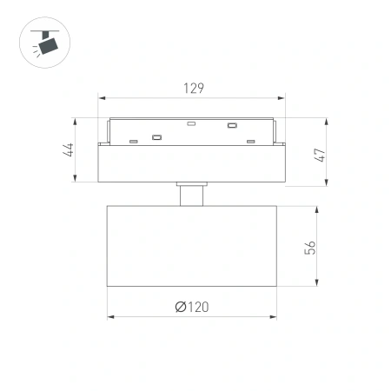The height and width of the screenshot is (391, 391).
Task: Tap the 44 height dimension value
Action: [67, 149]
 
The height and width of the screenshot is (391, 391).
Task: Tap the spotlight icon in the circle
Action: [41, 41]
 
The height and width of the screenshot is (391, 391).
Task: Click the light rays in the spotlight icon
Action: [31, 50]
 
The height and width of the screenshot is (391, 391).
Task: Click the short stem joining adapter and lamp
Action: [192, 194]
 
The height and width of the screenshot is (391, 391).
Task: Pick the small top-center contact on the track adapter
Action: [192, 124]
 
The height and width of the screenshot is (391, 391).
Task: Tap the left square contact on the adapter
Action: [156, 136]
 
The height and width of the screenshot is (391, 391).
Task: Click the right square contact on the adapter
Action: [232, 127]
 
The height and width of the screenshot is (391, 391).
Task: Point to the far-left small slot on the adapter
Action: [133, 141]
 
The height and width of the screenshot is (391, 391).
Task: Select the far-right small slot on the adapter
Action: [250, 141]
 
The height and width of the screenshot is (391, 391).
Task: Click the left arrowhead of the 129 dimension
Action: [101, 96]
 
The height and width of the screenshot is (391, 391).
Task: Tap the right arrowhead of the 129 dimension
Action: [284, 96]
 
